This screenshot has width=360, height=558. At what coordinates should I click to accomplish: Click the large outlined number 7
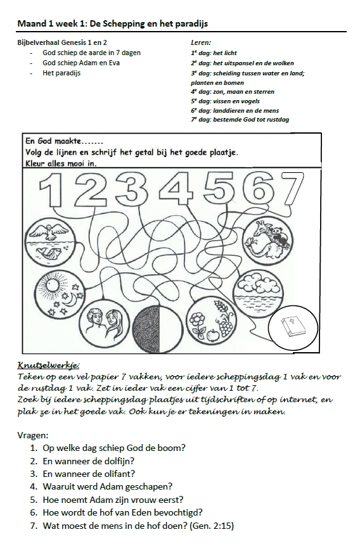tap(295, 188)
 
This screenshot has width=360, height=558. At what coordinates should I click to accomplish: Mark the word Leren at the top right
tap(192, 43)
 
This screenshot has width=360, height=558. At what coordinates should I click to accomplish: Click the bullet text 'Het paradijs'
tap(61, 73)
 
